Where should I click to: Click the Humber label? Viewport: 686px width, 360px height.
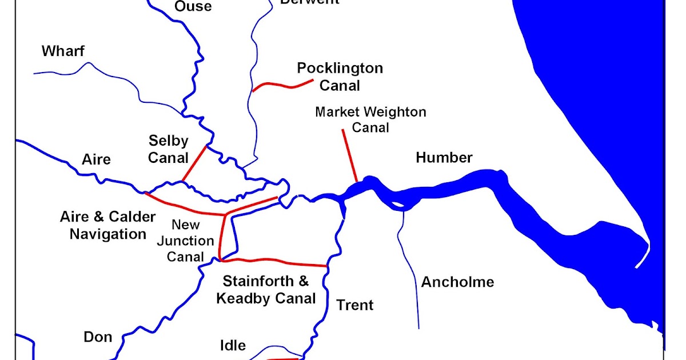(x=444, y=158)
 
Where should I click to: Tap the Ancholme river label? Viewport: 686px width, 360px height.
(x=457, y=282)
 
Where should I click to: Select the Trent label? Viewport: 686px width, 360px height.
(x=354, y=305)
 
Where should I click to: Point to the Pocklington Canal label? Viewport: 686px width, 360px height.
(x=340, y=77)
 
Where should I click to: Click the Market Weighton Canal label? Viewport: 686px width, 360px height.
(x=370, y=119)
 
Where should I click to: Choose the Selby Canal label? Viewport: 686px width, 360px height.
(x=168, y=149)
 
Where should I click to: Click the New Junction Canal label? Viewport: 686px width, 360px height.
(x=186, y=241)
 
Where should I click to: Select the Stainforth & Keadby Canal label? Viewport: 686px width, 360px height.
(x=266, y=290)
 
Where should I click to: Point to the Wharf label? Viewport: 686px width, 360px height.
(x=63, y=51)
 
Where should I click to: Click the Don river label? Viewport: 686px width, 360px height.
(x=98, y=337)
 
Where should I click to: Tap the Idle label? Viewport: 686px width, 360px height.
(x=233, y=345)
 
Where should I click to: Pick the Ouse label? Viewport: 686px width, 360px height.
(x=193, y=7)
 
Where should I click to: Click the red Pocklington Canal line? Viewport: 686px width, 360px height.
(x=283, y=86)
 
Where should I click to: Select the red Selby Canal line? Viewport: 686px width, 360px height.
(x=194, y=163)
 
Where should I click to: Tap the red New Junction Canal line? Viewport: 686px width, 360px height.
(x=221, y=240)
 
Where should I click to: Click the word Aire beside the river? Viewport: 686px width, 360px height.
(x=96, y=159)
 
